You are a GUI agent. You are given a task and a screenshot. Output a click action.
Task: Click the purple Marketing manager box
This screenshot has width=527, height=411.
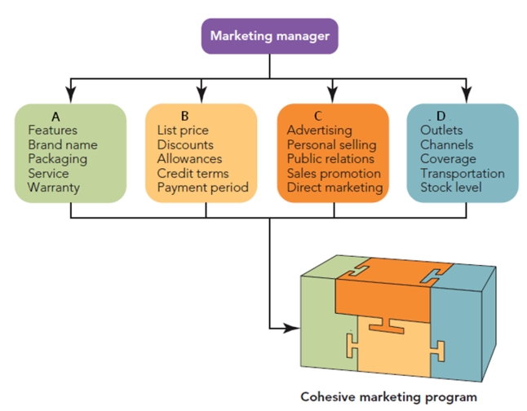pos(269,36)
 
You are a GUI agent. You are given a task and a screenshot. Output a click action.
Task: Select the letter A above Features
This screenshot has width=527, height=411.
pos(55,117)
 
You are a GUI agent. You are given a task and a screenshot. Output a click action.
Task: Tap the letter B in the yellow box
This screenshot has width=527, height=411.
pos(185,117)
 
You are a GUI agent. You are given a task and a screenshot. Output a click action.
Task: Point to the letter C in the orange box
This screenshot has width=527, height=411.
pos(318,117)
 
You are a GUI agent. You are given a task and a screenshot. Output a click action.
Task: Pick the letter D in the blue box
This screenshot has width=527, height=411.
pos(441,117)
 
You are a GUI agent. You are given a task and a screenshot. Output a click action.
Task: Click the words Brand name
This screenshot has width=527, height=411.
pos(62,144)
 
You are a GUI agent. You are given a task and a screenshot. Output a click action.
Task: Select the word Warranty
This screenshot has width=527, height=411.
pos(54,188)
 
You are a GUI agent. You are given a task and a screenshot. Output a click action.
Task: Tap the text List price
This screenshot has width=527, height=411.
pos(183,130)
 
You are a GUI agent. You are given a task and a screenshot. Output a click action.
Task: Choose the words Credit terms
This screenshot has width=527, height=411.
pos(193,174)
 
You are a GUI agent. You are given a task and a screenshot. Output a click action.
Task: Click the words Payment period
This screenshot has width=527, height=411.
pos(202,188)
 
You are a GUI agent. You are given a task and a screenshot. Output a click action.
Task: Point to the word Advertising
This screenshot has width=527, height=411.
pos(319,130)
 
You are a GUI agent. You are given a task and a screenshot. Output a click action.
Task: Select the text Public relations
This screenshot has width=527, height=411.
pos(330,159)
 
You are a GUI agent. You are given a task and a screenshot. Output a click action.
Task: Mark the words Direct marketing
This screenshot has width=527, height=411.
pos(334,188)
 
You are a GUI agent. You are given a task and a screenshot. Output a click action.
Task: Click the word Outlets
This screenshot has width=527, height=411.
pos(441,130)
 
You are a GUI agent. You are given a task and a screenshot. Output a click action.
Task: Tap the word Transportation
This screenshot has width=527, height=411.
pos(462,174)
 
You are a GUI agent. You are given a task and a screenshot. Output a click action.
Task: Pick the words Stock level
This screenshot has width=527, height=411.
pos(451,188)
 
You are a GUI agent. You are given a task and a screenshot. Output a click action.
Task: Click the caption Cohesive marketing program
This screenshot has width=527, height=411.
pos(388,397)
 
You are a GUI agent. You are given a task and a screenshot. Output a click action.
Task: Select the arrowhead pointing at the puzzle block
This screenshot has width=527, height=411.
pos(290,329)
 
